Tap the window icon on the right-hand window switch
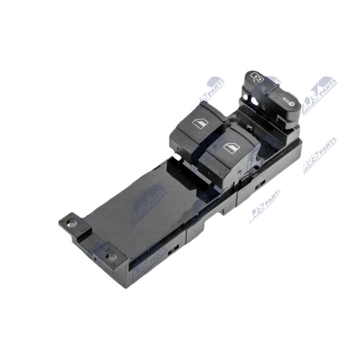[232, 148]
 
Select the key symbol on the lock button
[288, 102]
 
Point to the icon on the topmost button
[257, 77]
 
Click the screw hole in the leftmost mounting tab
[72, 222]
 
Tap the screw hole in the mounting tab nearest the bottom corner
[112, 257]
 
